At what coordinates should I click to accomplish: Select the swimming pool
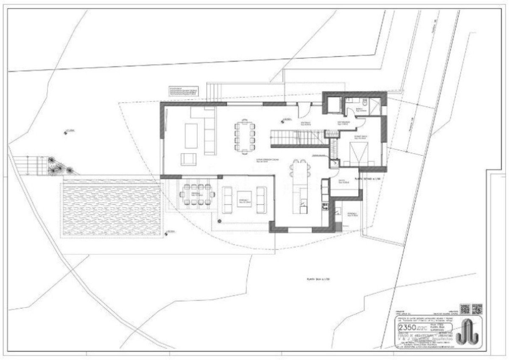(112, 208)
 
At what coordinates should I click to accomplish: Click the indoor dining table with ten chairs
(244, 137)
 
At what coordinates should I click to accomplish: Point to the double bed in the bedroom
(359, 153)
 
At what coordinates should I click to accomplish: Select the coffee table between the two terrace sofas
(244, 199)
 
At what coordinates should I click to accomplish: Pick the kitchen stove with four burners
(325, 207)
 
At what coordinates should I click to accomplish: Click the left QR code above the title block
(465, 309)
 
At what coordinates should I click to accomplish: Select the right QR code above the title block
(477, 309)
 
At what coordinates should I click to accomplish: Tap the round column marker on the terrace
(219, 221)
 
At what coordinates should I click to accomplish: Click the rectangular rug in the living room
(191, 135)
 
